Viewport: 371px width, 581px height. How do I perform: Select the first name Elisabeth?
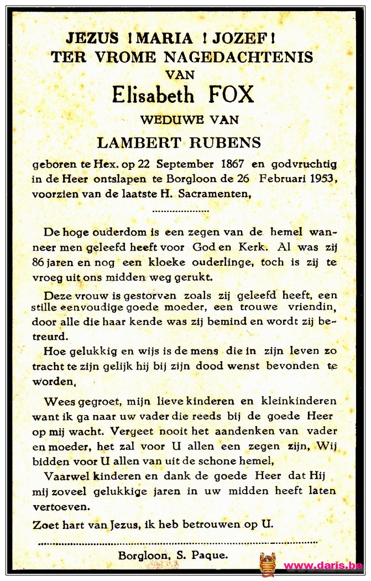(x=153, y=95)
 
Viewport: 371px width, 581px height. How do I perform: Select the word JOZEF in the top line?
(x=248, y=38)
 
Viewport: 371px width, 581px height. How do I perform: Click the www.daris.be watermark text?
(x=323, y=566)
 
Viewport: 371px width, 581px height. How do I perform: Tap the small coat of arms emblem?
(x=268, y=564)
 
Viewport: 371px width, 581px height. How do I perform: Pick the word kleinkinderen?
(x=298, y=400)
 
